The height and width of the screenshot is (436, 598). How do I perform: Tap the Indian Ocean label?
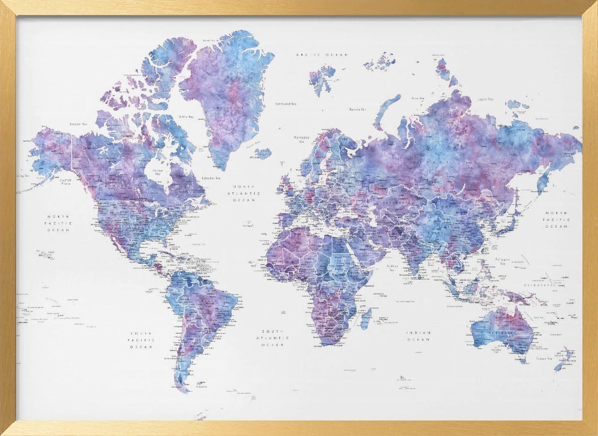[419, 336]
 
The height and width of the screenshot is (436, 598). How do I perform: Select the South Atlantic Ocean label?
[276, 337]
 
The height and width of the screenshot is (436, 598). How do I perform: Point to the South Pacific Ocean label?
[142, 340]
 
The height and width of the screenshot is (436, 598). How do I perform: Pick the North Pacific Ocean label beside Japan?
[556, 220]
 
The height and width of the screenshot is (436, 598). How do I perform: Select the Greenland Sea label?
[286, 103]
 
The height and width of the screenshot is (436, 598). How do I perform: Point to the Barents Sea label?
[358, 109]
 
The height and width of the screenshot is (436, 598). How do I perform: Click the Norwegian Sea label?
[300, 139]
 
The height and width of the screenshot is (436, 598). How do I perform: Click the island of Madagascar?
[366, 318]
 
